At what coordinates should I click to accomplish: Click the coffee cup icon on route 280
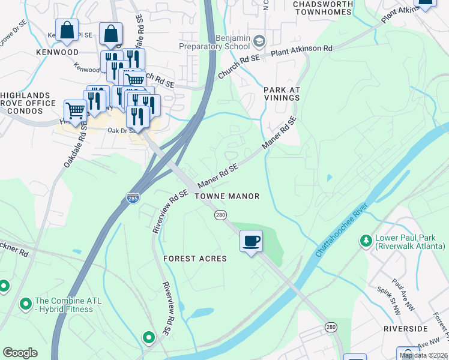point(251,241)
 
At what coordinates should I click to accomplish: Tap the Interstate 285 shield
point(133,197)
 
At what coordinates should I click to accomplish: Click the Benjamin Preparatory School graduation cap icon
point(259,41)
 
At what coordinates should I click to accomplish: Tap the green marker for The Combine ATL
point(26,304)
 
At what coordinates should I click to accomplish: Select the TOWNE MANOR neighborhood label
point(228,196)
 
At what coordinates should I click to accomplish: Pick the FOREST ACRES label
point(195,259)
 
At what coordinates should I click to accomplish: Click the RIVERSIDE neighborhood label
point(407,329)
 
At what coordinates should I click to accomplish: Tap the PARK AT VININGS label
point(282,94)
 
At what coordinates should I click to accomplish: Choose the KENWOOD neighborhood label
point(57,53)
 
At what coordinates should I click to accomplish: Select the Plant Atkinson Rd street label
point(301,51)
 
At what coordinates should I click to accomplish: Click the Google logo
point(20,352)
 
